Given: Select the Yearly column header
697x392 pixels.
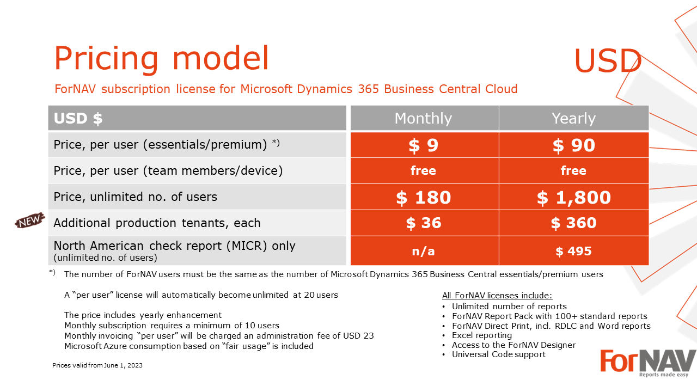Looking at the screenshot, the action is (x=574, y=118).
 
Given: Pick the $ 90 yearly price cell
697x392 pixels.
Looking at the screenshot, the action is (x=574, y=145).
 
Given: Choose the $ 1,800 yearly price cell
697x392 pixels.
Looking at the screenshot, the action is (x=574, y=197).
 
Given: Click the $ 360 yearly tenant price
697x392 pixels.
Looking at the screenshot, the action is (x=574, y=223).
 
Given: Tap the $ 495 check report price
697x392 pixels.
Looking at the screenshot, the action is (x=574, y=251).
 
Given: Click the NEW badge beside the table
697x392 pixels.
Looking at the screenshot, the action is (x=30, y=220).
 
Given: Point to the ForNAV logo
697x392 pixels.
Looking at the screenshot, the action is (x=648, y=363).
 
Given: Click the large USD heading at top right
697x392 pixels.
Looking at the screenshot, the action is (x=608, y=60).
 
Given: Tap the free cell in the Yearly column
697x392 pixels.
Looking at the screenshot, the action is (x=574, y=170).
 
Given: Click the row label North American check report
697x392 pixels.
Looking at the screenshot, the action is (x=174, y=246).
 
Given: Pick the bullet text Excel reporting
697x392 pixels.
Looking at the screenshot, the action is (x=482, y=335).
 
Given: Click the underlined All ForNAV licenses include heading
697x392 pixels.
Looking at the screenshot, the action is (x=497, y=295).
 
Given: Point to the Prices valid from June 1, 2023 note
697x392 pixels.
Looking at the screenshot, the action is (x=97, y=365).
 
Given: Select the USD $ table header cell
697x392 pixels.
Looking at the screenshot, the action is (x=197, y=118).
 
